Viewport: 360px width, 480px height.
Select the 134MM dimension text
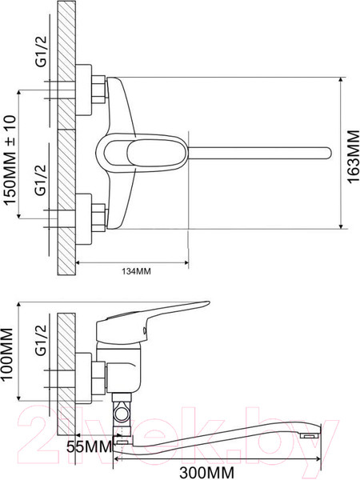coord(136,271)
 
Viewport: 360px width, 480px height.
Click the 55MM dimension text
coord(90,447)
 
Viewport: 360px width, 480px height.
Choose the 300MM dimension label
coord(206,473)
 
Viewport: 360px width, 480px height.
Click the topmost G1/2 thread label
coord(41,51)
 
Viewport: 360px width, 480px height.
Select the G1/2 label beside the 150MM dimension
coord(41,180)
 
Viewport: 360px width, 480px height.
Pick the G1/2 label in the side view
coord(41,340)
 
